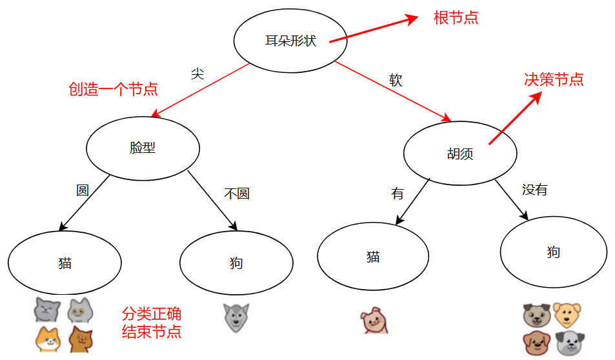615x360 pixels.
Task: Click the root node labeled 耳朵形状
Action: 290,40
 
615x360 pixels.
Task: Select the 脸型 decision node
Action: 143,147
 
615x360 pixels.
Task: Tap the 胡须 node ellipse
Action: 459,154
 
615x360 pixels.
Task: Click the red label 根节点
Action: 456,17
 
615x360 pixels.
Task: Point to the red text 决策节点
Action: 554,79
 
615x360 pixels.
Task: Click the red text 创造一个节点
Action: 113,89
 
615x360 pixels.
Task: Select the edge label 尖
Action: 197,73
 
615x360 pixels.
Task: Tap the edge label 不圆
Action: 236,193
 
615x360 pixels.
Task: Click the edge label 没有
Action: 534,190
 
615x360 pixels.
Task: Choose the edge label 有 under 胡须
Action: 397,194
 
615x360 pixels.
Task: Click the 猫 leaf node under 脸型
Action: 65,263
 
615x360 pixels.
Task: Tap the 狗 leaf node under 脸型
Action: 236,263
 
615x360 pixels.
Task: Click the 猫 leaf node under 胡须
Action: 373,256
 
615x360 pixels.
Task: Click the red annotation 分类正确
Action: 151,314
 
